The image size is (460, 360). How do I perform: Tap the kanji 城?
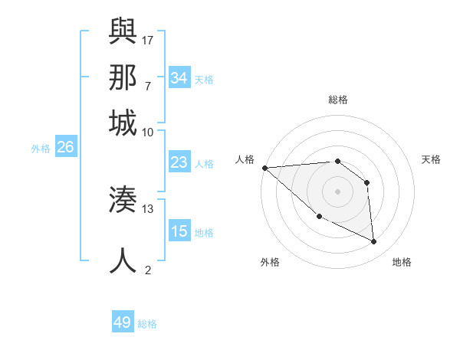click(x=123, y=123)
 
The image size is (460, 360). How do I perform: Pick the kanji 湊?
click(x=123, y=200)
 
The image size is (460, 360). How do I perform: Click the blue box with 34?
click(x=179, y=78)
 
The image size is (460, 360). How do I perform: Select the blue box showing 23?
click(x=179, y=162)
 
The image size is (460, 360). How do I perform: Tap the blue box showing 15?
click(x=179, y=231)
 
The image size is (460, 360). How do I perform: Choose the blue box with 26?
click(x=65, y=148)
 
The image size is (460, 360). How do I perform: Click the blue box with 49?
click(x=123, y=322)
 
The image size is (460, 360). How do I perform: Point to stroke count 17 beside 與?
click(x=148, y=39)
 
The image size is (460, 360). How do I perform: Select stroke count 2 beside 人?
click(x=148, y=270)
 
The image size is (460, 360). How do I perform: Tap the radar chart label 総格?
click(x=337, y=100)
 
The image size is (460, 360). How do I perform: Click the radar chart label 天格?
click(x=431, y=159)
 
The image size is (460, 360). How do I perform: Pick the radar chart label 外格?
click(x=269, y=262)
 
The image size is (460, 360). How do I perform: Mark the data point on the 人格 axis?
click(x=264, y=168)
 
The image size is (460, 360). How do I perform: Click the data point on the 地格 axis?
click(x=374, y=241)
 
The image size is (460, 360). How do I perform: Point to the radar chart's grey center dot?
click(x=337, y=191)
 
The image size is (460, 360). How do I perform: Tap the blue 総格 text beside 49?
click(x=147, y=324)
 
